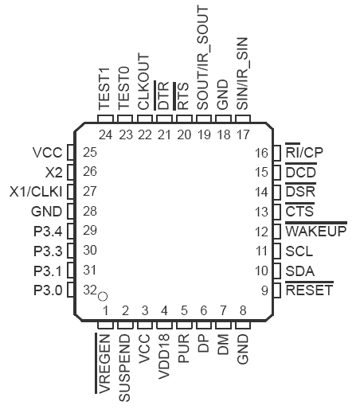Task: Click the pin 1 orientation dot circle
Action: (x=103, y=296)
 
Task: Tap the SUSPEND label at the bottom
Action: (x=124, y=368)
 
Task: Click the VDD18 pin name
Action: (x=164, y=356)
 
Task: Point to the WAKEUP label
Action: (x=316, y=230)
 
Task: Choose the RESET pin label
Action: (x=309, y=290)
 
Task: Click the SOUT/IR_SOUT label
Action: (x=203, y=58)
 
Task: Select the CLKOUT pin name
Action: (x=144, y=82)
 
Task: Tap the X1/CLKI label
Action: (x=36, y=192)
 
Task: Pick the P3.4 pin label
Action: (x=48, y=232)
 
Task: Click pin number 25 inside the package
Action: (x=90, y=152)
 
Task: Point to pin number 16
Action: (x=261, y=153)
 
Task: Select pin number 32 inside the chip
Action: (x=90, y=290)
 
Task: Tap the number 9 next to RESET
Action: (x=264, y=290)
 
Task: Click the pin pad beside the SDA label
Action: (x=277, y=271)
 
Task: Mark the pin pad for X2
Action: (x=71, y=172)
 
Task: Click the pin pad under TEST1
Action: (x=105, y=119)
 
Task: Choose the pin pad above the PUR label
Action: (x=184, y=325)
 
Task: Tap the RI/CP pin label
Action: (x=304, y=151)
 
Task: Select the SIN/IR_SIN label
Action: (x=242, y=73)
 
